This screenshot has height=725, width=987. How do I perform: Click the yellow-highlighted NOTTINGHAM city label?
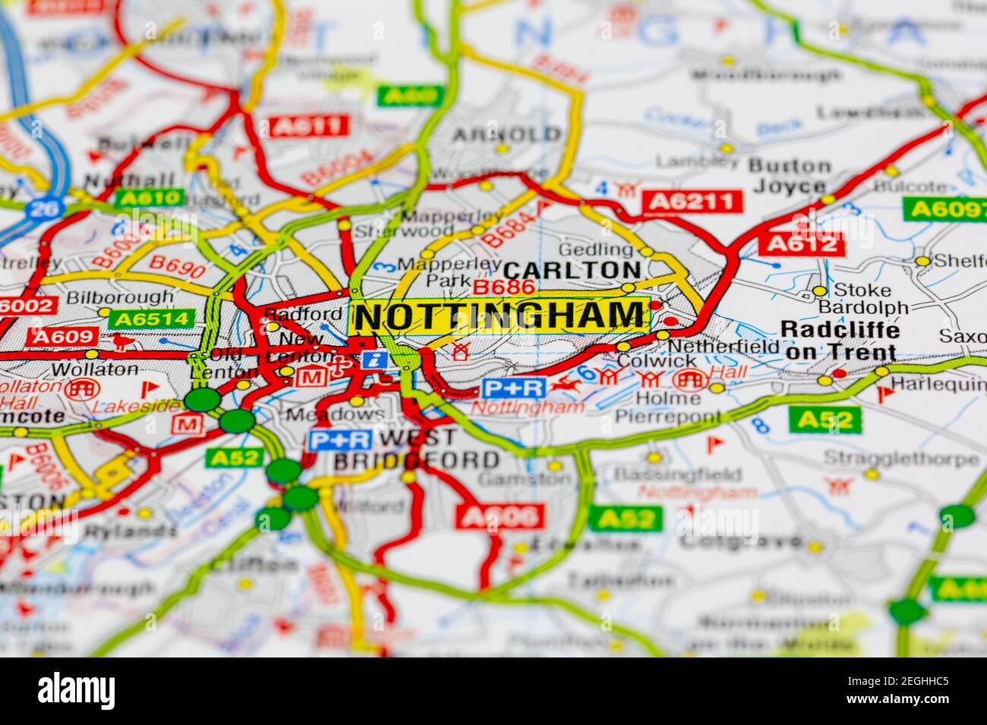click(x=499, y=316)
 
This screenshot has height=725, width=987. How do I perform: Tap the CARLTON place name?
click(x=572, y=270)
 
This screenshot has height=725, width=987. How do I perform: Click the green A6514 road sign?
click(x=151, y=319)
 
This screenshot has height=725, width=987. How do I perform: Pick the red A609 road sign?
click(x=63, y=337)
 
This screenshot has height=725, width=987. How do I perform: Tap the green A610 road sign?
click(x=149, y=199)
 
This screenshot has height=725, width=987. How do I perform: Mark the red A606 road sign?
click(x=500, y=517)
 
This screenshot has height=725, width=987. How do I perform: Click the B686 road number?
click(x=504, y=287)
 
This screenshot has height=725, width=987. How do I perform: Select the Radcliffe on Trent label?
click(x=840, y=341)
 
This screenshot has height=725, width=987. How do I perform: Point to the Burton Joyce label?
click(x=790, y=176)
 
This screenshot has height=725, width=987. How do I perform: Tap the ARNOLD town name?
click(x=506, y=135)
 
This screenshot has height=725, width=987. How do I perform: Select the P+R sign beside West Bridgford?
click(x=340, y=440)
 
